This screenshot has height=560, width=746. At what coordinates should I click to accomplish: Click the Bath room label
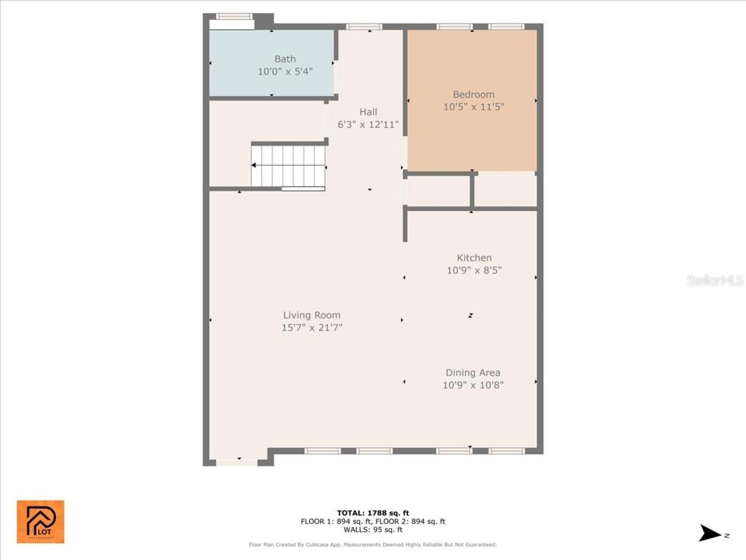click(285, 59)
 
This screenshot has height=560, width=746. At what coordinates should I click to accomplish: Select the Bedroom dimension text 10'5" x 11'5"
click(473, 107)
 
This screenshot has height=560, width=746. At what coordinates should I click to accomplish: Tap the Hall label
click(368, 112)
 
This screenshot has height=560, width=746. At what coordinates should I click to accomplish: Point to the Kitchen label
click(474, 258)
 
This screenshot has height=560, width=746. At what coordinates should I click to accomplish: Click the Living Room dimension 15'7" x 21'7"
click(312, 328)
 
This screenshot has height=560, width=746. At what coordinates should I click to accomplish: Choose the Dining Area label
click(473, 373)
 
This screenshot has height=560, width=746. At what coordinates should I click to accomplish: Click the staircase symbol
click(288, 166)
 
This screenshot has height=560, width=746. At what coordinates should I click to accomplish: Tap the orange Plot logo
click(40, 521)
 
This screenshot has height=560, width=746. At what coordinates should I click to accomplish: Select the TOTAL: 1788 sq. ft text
click(373, 513)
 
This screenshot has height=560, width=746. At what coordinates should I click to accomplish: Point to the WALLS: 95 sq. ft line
click(373, 530)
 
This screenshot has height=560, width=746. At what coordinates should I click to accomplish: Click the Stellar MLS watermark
click(715, 280)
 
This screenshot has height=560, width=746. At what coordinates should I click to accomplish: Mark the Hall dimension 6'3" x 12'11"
click(368, 125)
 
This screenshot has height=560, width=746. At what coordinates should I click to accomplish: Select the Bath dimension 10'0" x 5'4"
click(285, 72)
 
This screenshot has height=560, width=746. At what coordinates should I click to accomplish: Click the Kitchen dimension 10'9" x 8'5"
click(474, 270)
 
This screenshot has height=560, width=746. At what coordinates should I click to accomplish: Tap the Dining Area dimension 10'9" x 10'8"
click(473, 385)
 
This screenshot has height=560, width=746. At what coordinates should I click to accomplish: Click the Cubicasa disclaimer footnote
click(373, 545)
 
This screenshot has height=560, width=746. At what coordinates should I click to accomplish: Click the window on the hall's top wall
click(364, 26)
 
